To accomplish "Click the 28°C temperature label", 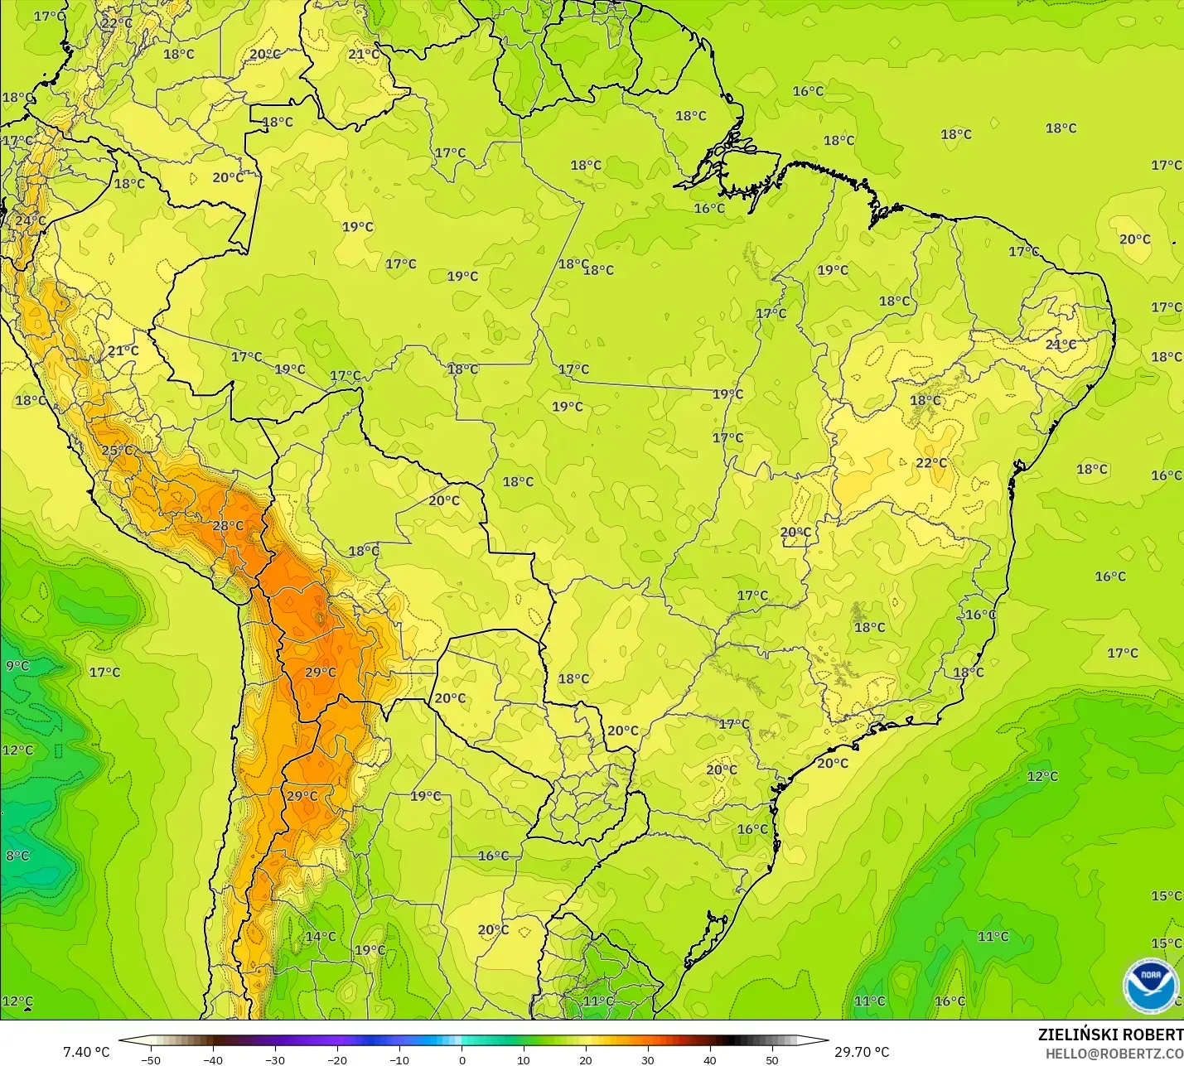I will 228,526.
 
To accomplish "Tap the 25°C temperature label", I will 117,451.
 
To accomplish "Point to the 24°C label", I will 31,220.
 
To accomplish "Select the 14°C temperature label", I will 321,937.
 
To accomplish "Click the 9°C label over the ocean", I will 17,666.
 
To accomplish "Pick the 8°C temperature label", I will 17,856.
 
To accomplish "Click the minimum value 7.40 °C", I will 86,1052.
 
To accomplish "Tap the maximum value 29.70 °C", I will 862,1052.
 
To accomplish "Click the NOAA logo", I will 1151,984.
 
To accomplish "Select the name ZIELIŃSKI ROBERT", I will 1110,1035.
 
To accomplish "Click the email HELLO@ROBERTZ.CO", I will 1114,1054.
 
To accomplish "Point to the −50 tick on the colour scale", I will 151,1059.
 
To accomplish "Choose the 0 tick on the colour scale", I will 462,1059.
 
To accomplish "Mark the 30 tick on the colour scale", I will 648,1059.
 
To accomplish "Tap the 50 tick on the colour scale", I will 772,1059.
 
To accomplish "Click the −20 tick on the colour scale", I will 337,1059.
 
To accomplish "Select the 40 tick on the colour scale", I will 710,1059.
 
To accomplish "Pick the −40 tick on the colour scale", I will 213,1059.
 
